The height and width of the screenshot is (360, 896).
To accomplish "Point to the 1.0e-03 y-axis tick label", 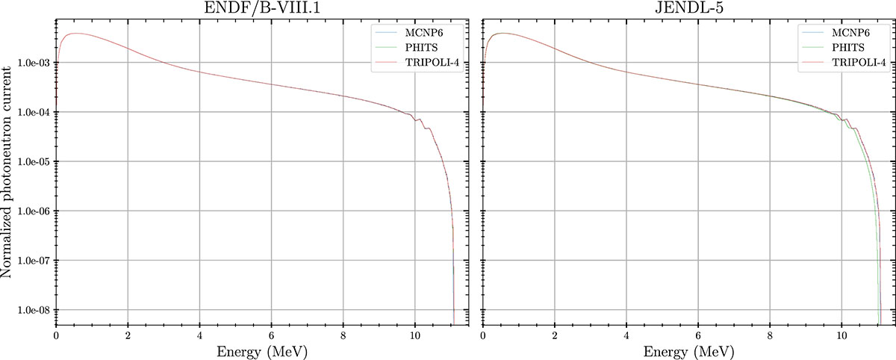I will [30, 63].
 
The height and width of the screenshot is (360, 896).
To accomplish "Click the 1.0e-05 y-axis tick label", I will [30, 162].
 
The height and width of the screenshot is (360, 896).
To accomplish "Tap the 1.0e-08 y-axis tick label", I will [30, 310].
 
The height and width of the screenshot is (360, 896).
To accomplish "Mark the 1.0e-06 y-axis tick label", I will [30, 211].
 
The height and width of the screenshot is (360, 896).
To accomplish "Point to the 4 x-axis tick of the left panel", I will [199, 335].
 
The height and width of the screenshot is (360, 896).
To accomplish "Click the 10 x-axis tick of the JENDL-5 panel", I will [841, 335].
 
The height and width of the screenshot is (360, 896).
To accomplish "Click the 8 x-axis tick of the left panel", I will [343, 335].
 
